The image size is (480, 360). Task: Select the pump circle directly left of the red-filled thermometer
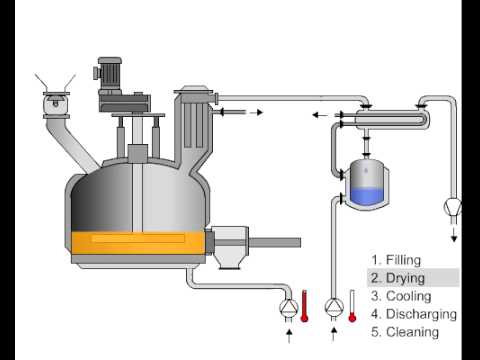(x=287, y=304)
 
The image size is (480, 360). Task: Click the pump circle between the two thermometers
(x=334, y=304)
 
